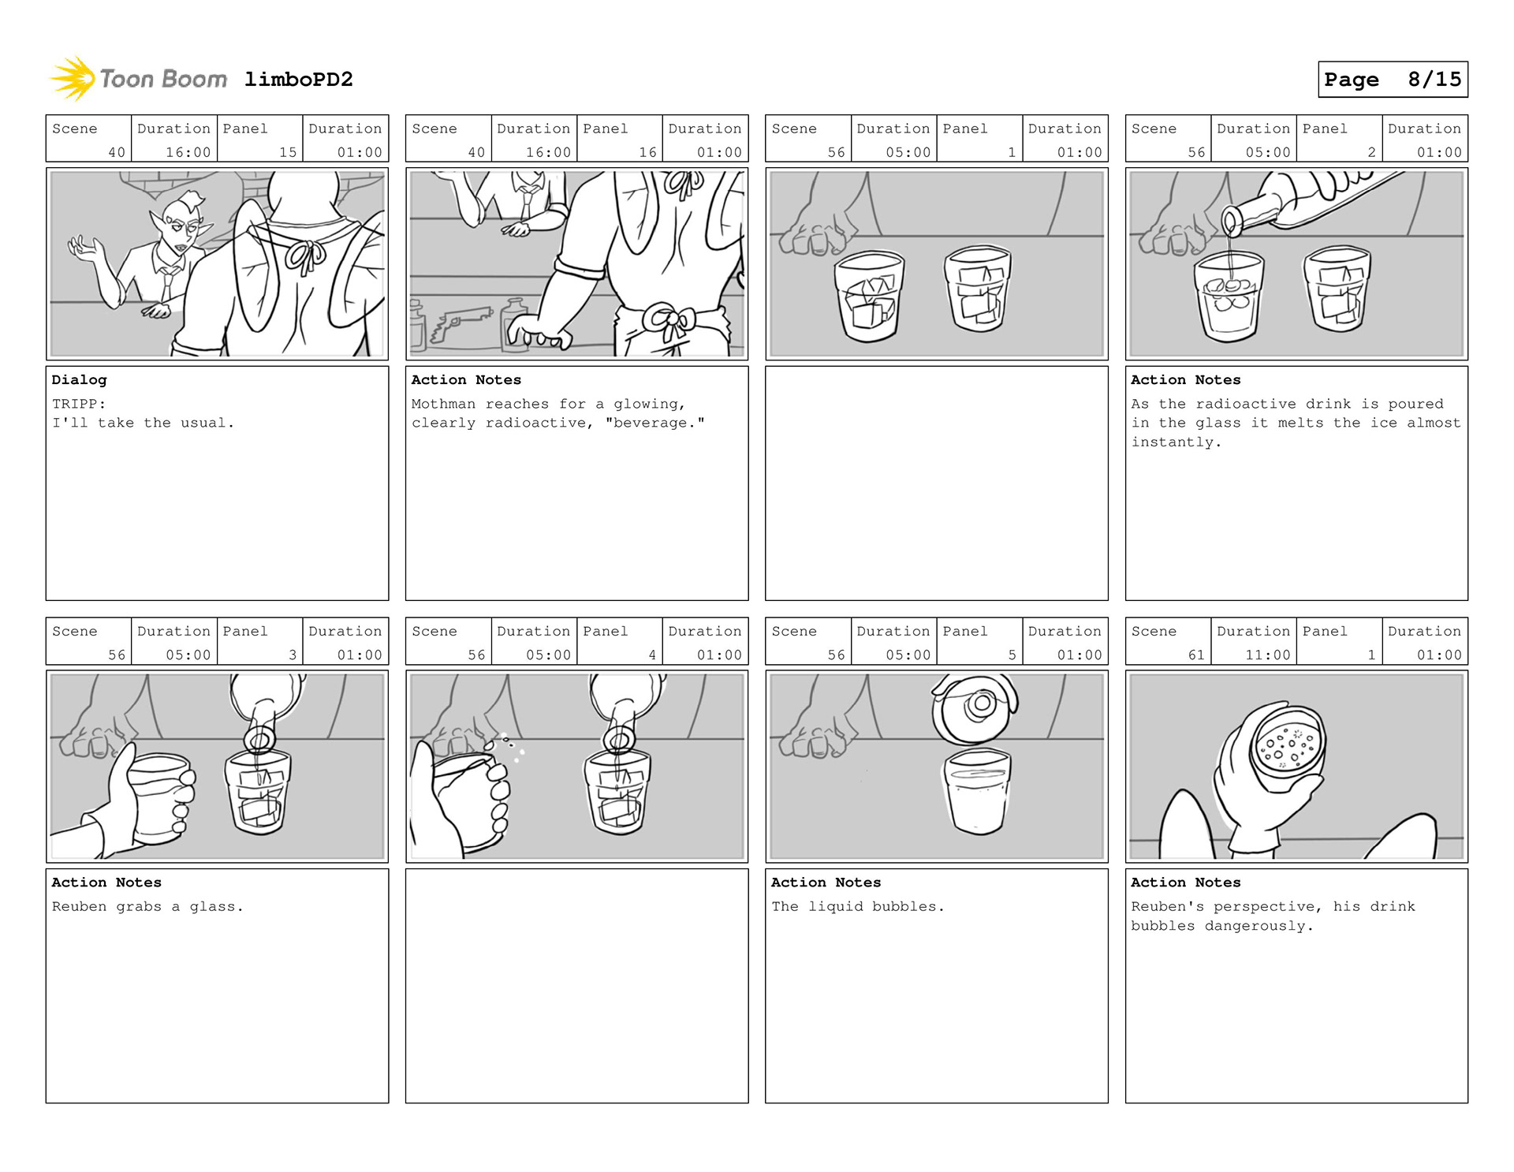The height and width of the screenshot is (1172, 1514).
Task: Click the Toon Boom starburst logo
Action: coord(73,78)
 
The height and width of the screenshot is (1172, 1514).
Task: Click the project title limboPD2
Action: coord(298,80)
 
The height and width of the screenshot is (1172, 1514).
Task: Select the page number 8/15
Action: coord(1434,80)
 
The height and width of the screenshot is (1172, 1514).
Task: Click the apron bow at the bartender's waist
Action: coord(669,319)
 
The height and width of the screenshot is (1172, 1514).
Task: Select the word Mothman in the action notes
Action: coord(443,404)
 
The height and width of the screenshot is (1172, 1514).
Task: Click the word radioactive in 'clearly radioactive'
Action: coord(536,423)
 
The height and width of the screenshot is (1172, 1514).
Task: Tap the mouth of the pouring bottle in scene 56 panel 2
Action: coord(1231,220)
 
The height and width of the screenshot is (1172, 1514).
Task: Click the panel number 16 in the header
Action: coord(647,152)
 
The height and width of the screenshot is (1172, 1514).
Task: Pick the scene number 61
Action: coord(1196,655)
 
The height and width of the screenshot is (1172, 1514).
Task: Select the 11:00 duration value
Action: coord(1268,655)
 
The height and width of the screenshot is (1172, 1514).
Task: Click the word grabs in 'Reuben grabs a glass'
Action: coord(139,907)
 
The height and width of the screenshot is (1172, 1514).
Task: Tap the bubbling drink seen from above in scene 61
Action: coord(1286,745)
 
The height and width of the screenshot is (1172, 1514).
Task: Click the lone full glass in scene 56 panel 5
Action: coord(978,791)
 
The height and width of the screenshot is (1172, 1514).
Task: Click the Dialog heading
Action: coord(79,379)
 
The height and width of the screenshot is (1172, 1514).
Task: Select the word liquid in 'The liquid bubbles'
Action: coord(836,907)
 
